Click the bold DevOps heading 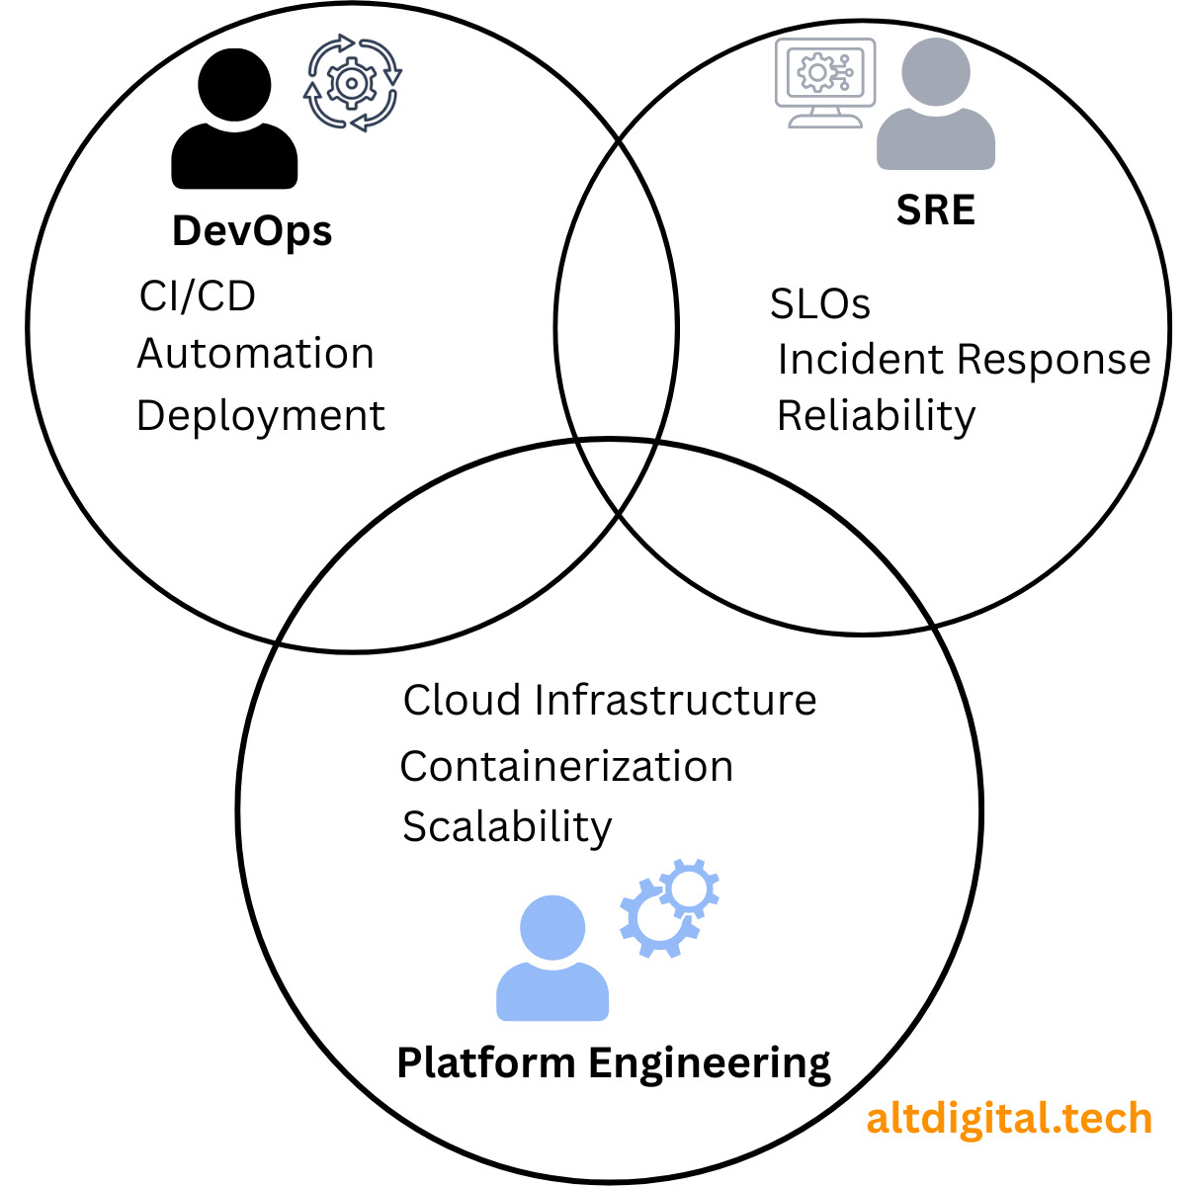(252, 232)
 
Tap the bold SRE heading (936, 210)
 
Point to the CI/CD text (197, 296)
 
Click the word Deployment (260, 417)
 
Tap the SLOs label (819, 303)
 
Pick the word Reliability (877, 417)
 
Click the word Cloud (462, 701)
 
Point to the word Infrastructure (675, 701)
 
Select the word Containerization (566, 767)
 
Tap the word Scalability (507, 828)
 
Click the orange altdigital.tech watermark (1009, 1118)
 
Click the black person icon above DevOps (234, 119)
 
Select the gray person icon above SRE (936, 104)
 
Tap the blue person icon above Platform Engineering (552, 959)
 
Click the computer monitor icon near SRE (824, 82)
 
